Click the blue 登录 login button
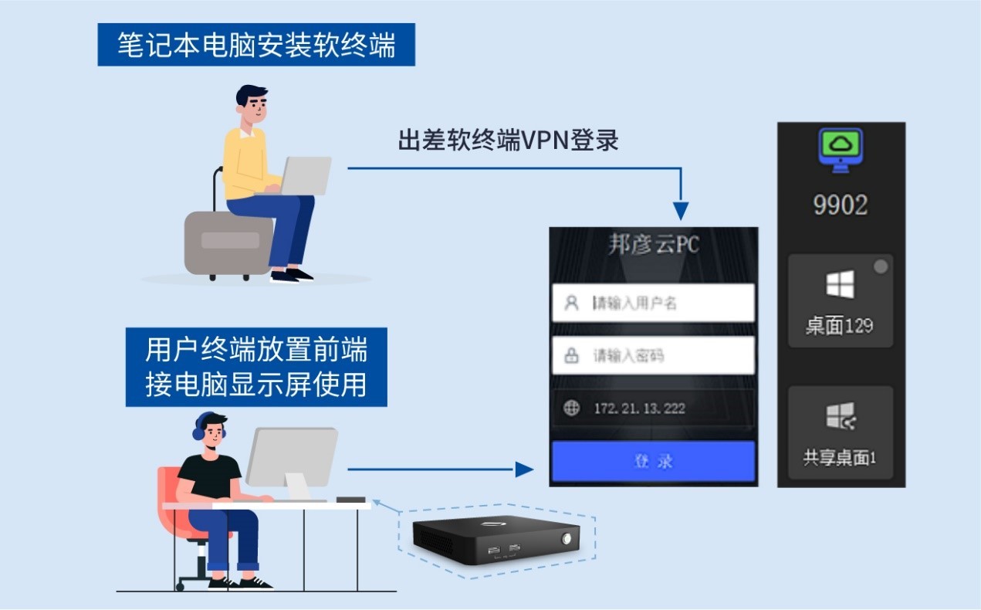(653, 462)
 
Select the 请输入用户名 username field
(653, 303)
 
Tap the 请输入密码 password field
(653, 355)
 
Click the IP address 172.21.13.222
(639, 408)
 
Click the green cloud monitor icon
(841, 150)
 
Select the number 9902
(841, 205)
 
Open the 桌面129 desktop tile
(841, 300)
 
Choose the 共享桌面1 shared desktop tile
(841, 432)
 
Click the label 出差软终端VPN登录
(509, 141)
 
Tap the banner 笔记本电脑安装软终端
(256, 45)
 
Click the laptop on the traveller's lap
(305, 175)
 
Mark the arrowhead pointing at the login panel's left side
(525, 469)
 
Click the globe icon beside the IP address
(571, 408)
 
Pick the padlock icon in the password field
(571, 356)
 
